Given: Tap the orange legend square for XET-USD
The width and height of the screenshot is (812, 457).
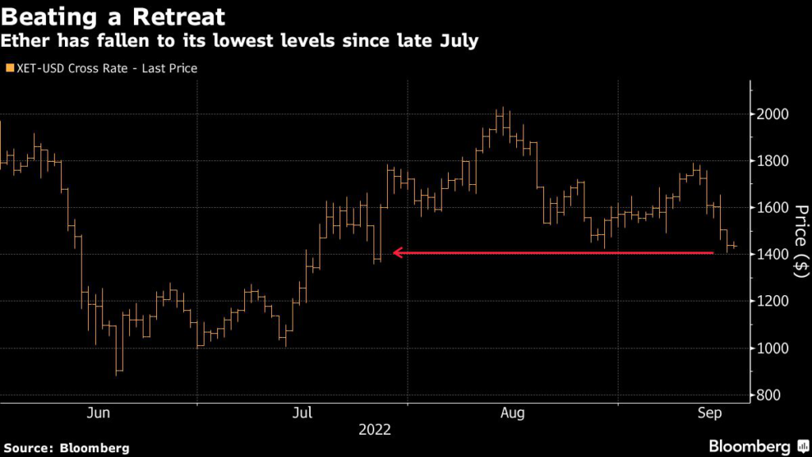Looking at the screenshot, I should coord(10,68).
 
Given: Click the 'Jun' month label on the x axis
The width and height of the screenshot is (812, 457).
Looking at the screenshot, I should coord(98,413).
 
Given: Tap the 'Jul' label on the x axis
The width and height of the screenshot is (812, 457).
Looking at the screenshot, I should coord(302,413).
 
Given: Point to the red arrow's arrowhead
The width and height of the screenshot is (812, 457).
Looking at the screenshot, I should coord(398,253).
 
